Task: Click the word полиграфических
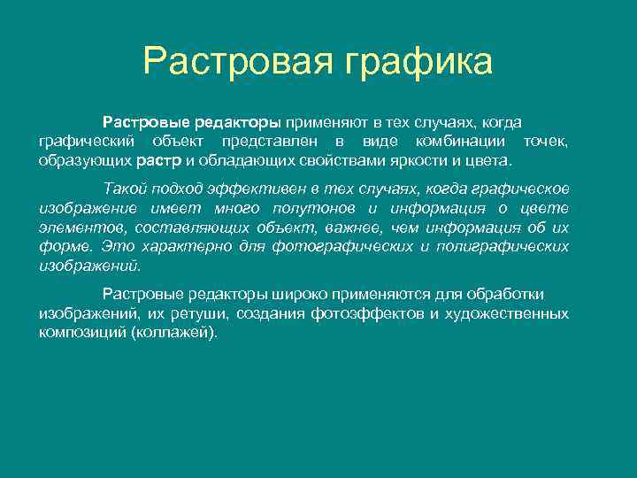click(502, 246)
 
